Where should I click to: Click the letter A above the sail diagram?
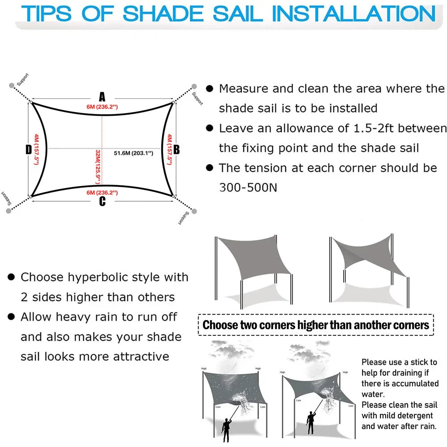coord(102,97)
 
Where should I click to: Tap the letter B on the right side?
coord(176,150)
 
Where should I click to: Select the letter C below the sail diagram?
coord(102,202)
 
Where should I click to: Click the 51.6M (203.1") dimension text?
coord(133,153)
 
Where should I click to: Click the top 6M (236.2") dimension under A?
coord(102,106)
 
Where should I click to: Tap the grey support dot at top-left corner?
coord(11,85)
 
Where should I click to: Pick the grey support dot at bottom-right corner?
coord(194,211)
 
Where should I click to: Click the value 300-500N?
coord(248,187)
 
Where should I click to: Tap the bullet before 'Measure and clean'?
coord(209,89)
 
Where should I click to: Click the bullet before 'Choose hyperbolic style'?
coord(11,278)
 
